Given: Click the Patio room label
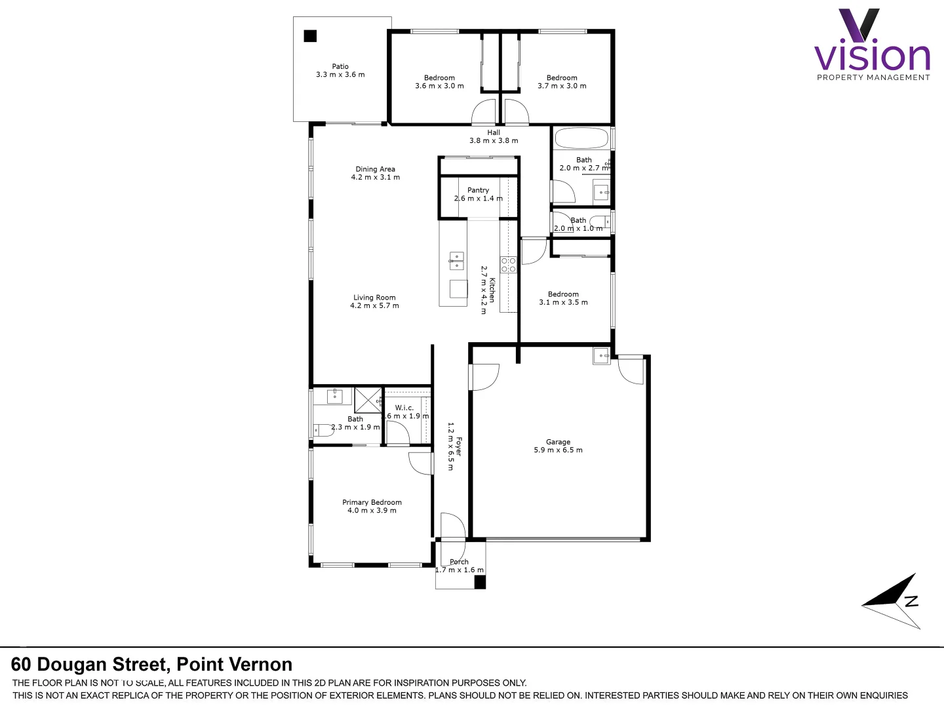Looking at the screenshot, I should [x=340, y=66].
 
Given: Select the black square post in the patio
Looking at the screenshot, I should [x=310, y=36].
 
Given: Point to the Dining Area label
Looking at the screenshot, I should [x=375, y=169].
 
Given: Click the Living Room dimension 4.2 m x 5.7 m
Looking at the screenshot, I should [x=374, y=305].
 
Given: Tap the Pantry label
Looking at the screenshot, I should [x=478, y=190].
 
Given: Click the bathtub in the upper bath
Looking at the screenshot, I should [x=581, y=138].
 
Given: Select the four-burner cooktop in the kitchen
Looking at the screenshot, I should [x=508, y=265].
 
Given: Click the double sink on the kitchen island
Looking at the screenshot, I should [x=456, y=260].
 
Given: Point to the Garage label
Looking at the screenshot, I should [x=558, y=442].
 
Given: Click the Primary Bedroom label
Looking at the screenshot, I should [x=372, y=502].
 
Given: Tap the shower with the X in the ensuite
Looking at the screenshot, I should [x=368, y=400].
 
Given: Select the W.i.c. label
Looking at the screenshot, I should [x=404, y=408].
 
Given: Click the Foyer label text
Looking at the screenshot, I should [x=459, y=446].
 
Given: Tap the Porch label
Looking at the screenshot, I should [x=459, y=562].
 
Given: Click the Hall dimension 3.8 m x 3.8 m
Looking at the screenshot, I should [x=494, y=141].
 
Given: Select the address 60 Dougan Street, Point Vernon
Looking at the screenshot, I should [x=151, y=664].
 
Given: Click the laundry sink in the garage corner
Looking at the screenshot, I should [x=602, y=356].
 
